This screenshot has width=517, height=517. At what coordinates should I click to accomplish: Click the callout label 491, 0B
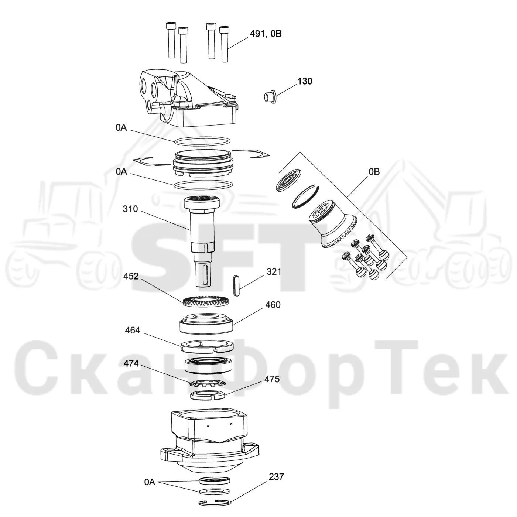(x=266, y=34)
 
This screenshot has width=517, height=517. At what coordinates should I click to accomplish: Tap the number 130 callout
(x=305, y=81)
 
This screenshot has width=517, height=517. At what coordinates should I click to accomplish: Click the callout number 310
(x=130, y=209)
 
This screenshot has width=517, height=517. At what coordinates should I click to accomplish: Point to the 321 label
(x=274, y=272)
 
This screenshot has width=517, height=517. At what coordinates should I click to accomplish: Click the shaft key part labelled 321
(x=236, y=285)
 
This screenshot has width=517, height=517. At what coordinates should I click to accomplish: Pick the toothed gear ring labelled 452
(x=206, y=301)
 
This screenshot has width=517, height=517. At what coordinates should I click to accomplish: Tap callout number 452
(x=131, y=276)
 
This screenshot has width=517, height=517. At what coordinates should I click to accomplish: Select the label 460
(x=273, y=305)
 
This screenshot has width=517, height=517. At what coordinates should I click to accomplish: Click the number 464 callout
(x=133, y=330)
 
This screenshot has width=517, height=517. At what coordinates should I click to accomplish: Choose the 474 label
(x=131, y=363)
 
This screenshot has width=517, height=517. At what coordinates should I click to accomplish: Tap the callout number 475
(x=272, y=379)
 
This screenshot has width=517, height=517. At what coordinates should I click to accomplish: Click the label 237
(x=276, y=477)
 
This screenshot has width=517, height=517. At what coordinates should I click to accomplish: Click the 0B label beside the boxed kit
(x=374, y=172)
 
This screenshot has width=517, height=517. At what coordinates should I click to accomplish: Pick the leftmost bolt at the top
(x=171, y=40)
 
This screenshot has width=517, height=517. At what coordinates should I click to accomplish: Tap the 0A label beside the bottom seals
(x=150, y=482)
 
